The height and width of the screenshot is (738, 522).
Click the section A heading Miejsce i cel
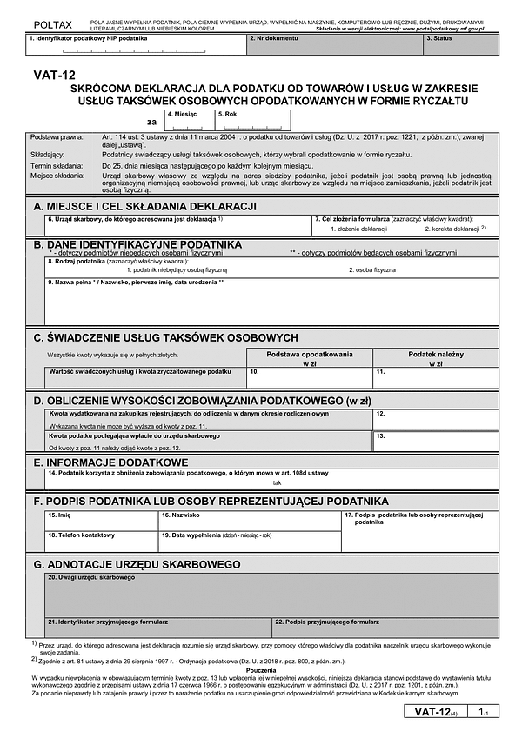[x=144, y=205]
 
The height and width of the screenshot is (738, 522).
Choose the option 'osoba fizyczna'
[x=374, y=270]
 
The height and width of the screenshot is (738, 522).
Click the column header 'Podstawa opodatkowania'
[x=309, y=359]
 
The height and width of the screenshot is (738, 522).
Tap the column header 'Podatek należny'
[x=435, y=359]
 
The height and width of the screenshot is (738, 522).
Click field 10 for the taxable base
[x=309, y=376]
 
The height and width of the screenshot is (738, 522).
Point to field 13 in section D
[x=435, y=441]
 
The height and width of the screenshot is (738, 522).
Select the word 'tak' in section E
[x=278, y=482]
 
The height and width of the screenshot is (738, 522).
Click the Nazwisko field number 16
[x=250, y=521]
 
